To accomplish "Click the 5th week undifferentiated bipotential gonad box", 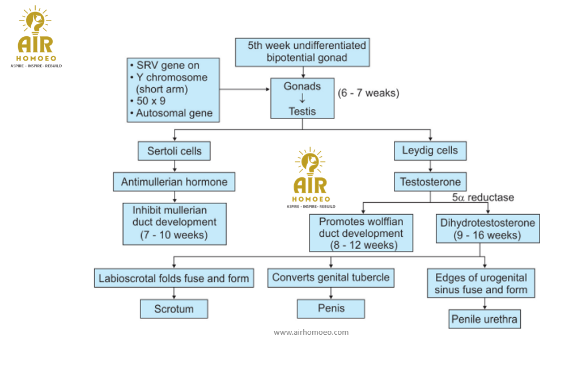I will [303, 52].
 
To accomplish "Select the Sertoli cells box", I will [174, 151].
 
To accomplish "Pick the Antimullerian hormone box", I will [174, 182].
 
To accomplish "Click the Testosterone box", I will [431, 182].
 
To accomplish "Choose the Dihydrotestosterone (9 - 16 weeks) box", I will [487, 228].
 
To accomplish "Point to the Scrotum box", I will [174, 309].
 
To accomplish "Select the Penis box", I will [331, 309].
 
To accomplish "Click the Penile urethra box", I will [484, 319].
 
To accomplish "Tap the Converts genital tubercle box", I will [331, 278].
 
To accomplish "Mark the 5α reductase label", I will [483, 198].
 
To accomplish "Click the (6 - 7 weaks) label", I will [368, 93].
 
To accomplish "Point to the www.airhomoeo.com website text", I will [311, 332].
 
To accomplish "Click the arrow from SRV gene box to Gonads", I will [244, 89].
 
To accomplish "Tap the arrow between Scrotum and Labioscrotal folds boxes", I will [174, 293].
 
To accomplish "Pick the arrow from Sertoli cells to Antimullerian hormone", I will [174, 166].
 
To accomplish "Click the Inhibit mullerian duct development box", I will [175, 223].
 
